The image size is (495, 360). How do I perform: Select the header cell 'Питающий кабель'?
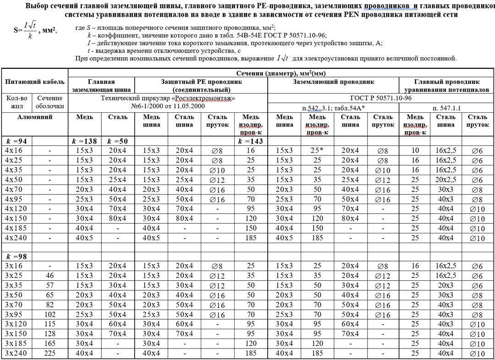35,82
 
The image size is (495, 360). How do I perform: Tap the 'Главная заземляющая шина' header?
101,86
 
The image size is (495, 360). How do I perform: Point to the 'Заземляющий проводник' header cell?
333,82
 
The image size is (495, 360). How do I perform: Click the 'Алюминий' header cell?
35,117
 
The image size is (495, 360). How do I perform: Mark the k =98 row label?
17,256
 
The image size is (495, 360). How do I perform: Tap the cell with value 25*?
318,150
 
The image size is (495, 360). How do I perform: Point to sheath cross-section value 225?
50,354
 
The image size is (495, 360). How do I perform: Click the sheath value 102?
50,315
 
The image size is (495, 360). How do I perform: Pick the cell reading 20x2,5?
446,179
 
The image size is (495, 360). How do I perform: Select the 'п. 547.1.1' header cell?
446,108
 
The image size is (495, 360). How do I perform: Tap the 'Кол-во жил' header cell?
17,102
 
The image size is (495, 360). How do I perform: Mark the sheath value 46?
50,276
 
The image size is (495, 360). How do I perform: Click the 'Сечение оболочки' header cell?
50,102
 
